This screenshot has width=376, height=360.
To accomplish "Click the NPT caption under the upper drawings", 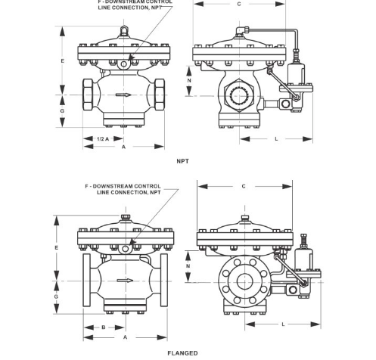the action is pyautogui.click(x=182, y=161).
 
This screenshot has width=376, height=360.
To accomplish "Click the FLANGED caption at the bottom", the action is pyautogui.click(x=182, y=353).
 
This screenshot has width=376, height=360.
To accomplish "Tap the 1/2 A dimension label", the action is pyautogui.click(x=103, y=138).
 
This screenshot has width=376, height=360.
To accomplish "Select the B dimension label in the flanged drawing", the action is pyautogui.click(x=104, y=327).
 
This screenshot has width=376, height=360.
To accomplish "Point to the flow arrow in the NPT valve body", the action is pyautogui.click(x=123, y=95).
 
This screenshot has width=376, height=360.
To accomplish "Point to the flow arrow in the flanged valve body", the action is pyautogui.click(x=125, y=281).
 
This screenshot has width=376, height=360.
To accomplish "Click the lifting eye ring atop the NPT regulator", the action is pyautogui.click(x=123, y=31).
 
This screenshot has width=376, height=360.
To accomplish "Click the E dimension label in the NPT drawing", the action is pyautogui.click(x=62, y=61).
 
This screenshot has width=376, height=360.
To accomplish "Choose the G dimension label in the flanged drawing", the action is pyautogui.click(x=56, y=296).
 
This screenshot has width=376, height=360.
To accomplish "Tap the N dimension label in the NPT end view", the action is pyautogui.click(x=189, y=80).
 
